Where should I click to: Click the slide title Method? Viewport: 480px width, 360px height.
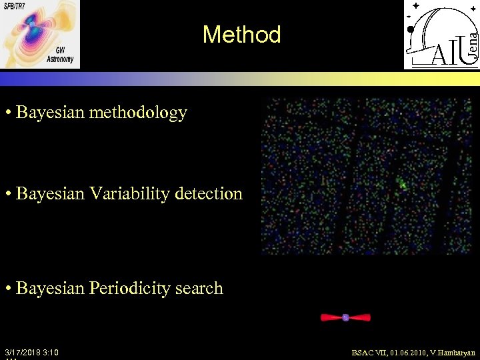pos(241,35)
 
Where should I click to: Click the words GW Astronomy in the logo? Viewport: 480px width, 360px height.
pos(61,55)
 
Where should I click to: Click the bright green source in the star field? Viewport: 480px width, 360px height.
pos(402,184)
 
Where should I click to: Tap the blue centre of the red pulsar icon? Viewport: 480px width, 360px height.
pos(345,317)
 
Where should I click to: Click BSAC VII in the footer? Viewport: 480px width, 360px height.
pos(367,352)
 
